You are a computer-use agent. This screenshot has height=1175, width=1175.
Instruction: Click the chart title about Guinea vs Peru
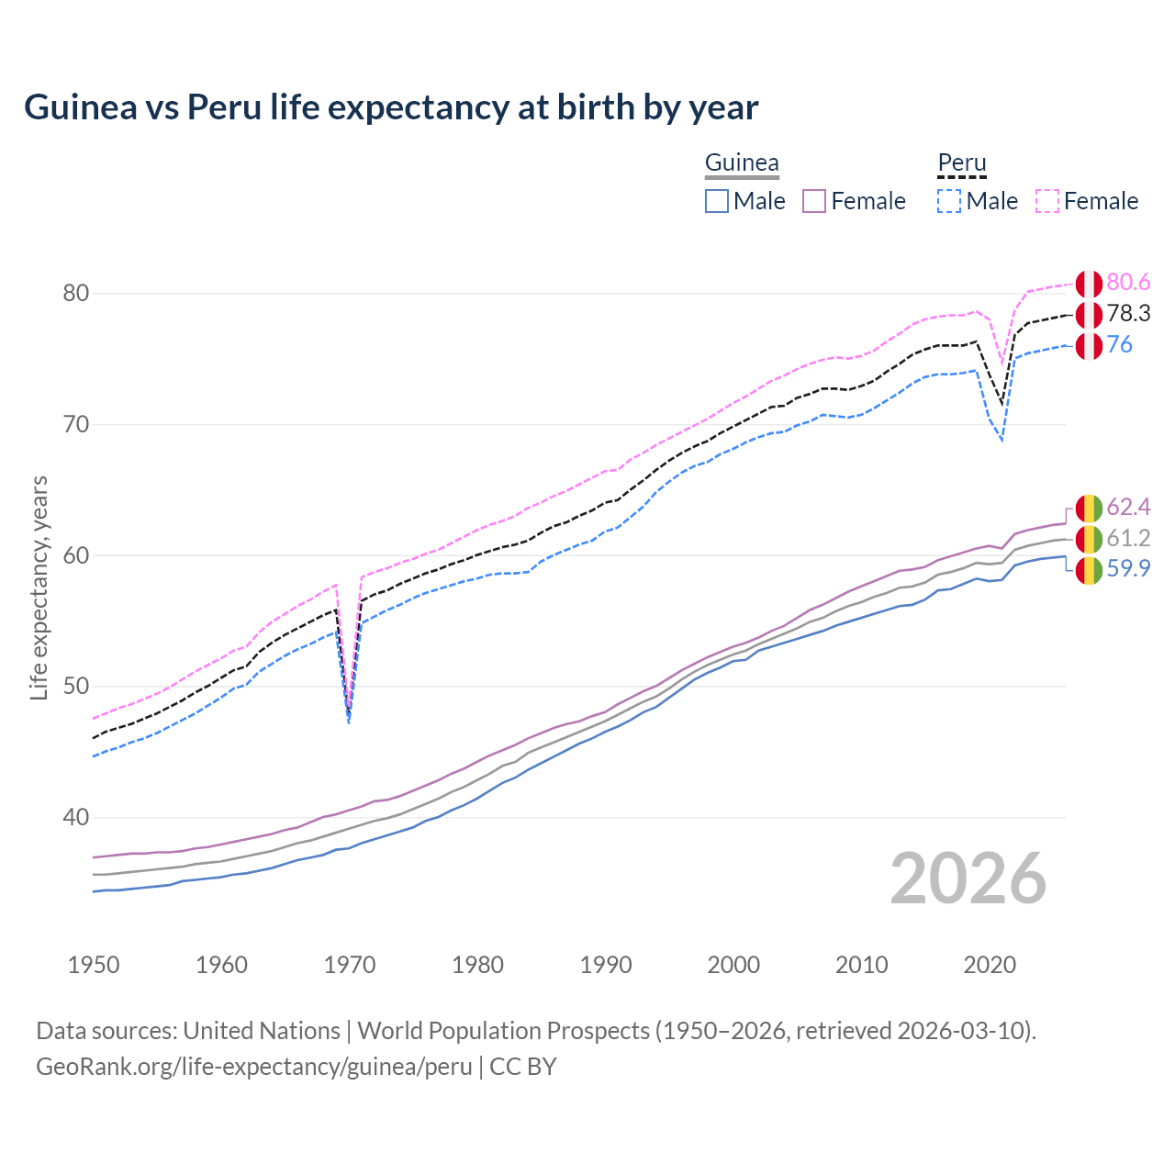[391, 107]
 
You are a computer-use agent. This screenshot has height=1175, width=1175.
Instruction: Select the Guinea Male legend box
[717, 201]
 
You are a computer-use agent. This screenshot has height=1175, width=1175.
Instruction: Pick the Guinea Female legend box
[814, 201]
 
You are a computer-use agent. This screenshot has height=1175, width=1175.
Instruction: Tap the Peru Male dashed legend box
[949, 201]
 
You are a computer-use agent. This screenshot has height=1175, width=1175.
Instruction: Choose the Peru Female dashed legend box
[1047, 201]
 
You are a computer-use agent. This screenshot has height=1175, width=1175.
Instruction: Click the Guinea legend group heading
[742, 163]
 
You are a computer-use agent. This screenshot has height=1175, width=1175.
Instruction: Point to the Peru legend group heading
[961, 163]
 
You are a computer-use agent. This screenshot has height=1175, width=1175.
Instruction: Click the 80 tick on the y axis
[76, 294]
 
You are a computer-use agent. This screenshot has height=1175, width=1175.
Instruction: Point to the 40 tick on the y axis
[76, 817]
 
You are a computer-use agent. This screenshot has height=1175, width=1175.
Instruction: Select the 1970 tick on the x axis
[350, 965]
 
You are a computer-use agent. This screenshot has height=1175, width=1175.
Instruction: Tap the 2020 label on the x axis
[990, 965]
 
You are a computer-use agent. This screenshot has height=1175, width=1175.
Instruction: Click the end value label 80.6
[1128, 282]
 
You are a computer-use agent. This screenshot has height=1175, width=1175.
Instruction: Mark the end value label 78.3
[1128, 314]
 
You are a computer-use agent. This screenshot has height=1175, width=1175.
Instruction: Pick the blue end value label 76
[1119, 345]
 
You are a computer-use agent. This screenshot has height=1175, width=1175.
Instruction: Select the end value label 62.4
[1128, 508]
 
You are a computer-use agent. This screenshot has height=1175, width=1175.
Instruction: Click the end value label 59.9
[1128, 569]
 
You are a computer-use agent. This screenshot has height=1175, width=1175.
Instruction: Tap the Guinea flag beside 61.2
[1089, 539]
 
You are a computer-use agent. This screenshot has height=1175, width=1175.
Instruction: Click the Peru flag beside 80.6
[1089, 284]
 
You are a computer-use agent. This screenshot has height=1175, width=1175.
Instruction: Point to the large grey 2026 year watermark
[968, 878]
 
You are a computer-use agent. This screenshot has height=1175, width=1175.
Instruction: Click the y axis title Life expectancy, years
[39, 587]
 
